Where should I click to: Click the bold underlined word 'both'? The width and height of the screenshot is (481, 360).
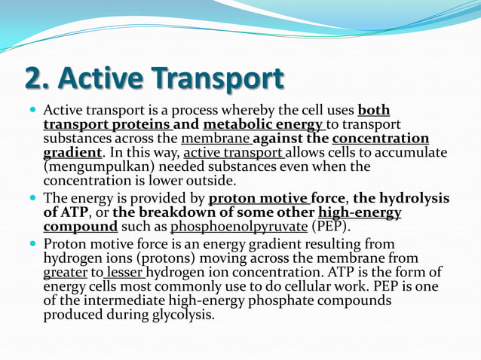click(374, 110)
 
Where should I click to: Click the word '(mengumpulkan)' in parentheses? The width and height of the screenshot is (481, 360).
click(93, 166)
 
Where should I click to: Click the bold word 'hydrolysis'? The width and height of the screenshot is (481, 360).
click(414, 198)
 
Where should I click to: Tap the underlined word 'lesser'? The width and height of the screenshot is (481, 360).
click(124, 273)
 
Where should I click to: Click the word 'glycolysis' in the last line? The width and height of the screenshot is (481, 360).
click(180, 315)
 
